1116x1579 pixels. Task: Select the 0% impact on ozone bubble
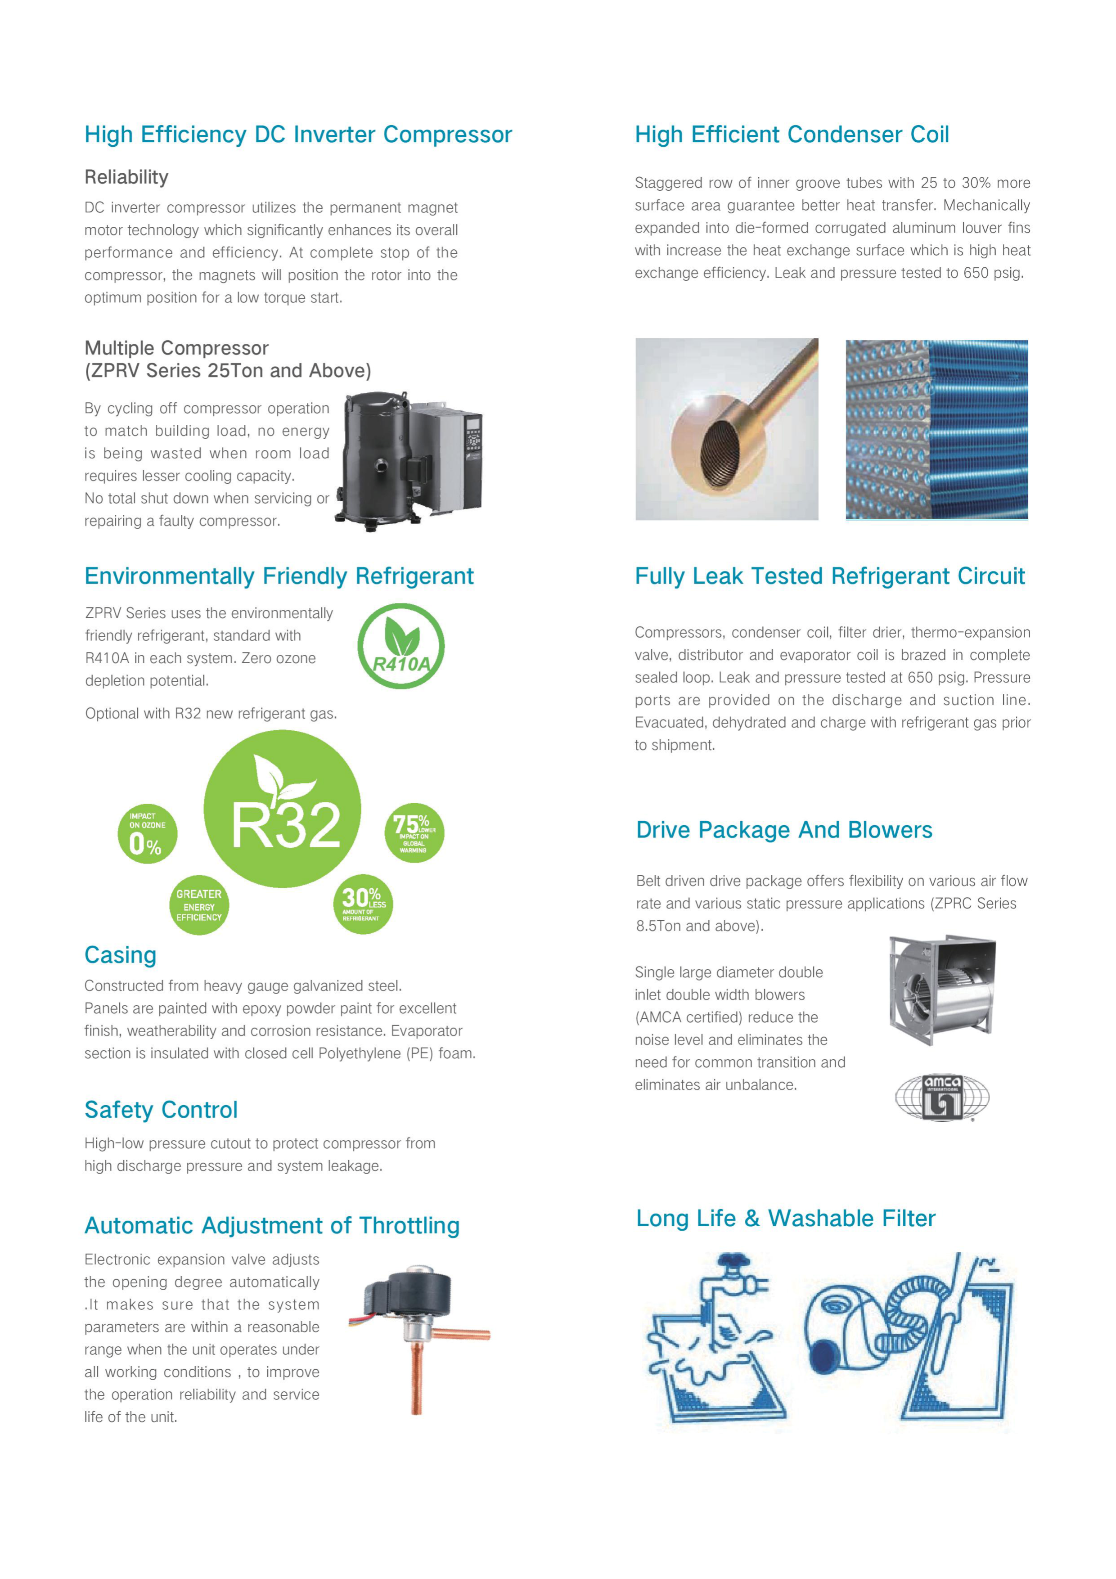pos(147,833)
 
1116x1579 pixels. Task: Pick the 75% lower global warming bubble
pos(414,833)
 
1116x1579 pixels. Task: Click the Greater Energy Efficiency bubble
pos(199,905)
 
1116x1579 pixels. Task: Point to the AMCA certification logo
pos(941,1097)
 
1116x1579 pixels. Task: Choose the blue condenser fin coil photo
pos(936,429)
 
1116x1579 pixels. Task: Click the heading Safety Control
pos(161,1110)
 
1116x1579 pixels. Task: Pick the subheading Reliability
pos(126,177)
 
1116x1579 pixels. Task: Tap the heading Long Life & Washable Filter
pos(785,1218)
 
